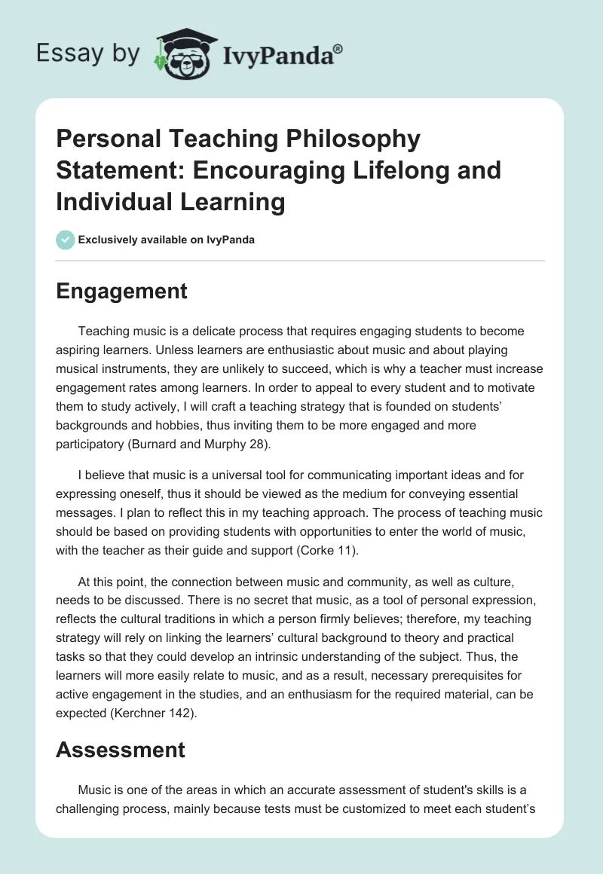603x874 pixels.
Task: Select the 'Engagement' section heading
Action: pos(121,292)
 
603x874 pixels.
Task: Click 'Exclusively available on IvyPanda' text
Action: pos(166,240)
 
